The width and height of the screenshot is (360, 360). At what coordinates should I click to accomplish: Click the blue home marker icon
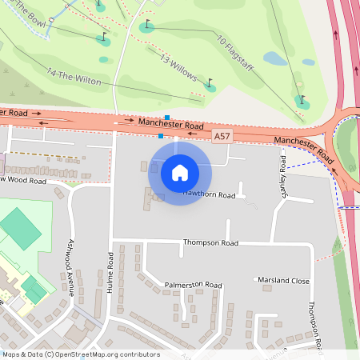180,172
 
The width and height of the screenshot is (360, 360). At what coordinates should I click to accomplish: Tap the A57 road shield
225,138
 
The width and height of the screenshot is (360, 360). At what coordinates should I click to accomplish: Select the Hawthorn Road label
210,194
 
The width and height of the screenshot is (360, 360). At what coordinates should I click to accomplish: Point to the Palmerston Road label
193,284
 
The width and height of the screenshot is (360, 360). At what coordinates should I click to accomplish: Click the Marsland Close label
282,281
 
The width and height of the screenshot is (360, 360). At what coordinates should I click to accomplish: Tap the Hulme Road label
110,273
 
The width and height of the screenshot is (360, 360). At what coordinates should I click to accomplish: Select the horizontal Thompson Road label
210,242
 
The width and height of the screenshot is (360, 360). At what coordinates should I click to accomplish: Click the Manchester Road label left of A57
170,125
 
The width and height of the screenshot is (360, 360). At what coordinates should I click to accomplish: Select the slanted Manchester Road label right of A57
303,148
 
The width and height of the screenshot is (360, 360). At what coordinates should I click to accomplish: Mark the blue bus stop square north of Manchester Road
166,118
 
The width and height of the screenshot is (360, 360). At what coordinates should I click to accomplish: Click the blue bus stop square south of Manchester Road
161,136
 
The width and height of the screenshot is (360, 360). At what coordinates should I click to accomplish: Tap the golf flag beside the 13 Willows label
210,83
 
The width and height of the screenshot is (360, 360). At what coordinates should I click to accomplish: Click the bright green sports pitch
20,228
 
